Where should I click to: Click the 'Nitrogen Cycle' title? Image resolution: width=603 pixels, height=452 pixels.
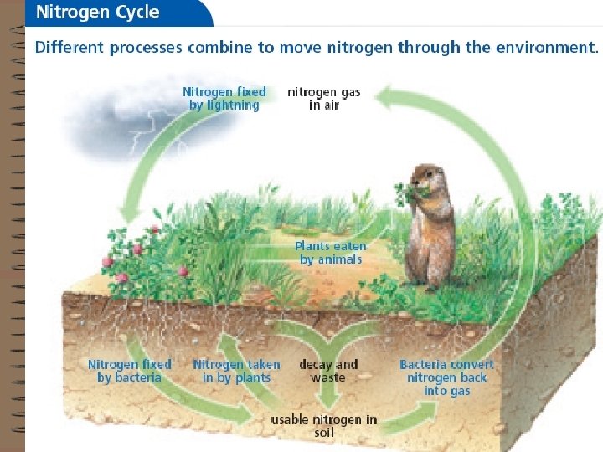coord(96,13)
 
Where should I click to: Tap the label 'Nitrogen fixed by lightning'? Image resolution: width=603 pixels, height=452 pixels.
coord(224,98)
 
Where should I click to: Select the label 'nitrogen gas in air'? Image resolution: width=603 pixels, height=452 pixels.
coord(323,98)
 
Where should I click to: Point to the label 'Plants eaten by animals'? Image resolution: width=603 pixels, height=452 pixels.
coord(330,253)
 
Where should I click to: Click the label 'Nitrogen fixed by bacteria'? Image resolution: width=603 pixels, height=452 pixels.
coord(129,371)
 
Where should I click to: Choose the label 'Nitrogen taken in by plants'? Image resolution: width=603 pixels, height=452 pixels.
coord(236,371)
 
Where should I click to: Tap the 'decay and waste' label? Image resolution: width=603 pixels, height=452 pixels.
coord(327,371)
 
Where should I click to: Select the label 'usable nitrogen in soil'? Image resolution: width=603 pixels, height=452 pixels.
coord(323,425)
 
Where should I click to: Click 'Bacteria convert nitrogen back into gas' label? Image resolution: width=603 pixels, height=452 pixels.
coord(446,378)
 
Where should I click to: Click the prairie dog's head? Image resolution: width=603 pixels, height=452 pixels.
coord(428,178)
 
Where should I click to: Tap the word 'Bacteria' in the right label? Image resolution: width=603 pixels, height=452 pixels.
coord(425,364)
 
